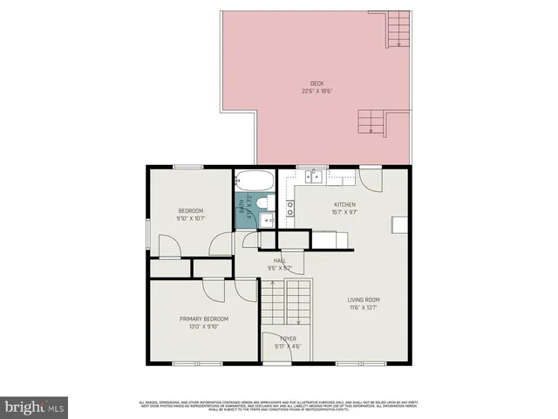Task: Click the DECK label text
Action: (x=316, y=84)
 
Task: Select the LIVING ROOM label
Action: (x=364, y=299)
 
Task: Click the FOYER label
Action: (x=288, y=338)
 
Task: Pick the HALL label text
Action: (x=280, y=260)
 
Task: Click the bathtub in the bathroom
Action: (x=255, y=182)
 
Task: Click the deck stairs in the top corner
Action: (x=398, y=27)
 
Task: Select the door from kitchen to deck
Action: (x=371, y=179)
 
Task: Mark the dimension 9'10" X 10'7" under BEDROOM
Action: (x=190, y=218)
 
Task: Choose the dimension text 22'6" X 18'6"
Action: (x=316, y=91)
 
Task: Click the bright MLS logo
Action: (x=34, y=406)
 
